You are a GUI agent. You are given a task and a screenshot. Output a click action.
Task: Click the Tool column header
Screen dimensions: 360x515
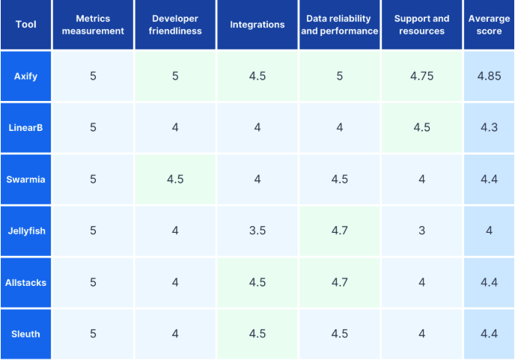click(x=25, y=25)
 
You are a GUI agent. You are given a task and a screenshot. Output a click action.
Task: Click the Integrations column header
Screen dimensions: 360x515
click(x=257, y=25)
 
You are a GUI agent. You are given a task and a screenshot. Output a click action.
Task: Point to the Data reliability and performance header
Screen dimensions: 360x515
click(x=339, y=25)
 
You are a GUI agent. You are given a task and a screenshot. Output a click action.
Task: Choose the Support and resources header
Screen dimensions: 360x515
click(x=421, y=25)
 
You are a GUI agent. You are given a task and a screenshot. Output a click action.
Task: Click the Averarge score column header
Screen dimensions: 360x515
click(x=489, y=25)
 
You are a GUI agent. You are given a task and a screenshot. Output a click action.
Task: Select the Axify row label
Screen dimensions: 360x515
click(x=25, y=76)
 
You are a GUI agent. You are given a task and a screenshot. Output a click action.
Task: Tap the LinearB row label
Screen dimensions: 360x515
click(x=25, y=127)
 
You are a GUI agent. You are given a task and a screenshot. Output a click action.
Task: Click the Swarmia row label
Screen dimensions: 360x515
click(x=25, y=179)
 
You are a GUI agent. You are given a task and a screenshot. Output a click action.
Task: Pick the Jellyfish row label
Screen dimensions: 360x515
click(x=25, y=231)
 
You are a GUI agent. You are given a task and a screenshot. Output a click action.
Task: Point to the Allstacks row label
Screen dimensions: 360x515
click(x=25, y=282)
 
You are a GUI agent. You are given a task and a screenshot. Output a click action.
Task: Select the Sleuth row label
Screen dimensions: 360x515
click(x=25, y=334)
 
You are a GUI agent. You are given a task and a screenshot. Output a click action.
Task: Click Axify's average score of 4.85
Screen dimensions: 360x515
click(x=489, y=76)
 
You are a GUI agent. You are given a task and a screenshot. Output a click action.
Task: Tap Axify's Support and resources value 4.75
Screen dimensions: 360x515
click(x=421, y=76)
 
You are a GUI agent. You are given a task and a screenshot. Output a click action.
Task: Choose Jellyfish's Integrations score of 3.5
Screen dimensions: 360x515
click(x=257, y=231)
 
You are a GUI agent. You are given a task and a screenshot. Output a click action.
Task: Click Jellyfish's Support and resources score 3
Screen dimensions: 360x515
click(x=421, y=231)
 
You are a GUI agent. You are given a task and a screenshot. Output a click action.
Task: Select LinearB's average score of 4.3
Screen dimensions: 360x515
click(x=489, y=127)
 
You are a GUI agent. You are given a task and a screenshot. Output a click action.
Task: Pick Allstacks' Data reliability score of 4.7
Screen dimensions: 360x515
click(x=339, y=282)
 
